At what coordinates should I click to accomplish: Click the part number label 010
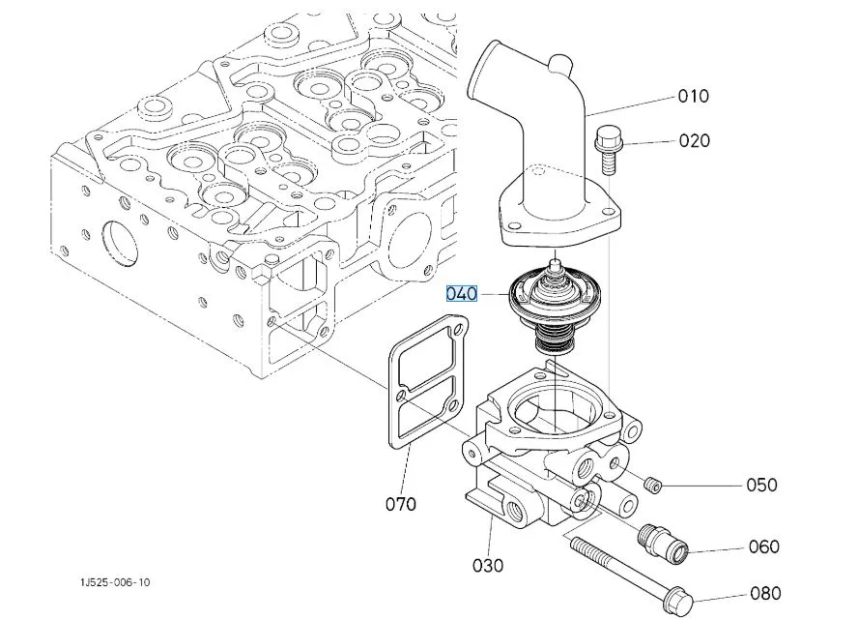(x=693, y=96)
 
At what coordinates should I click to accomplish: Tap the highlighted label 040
(x=462, y=293)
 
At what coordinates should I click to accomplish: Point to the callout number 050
(x=760, y=485)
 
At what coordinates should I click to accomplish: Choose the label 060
(x=763, y=546)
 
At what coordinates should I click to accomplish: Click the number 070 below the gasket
(x=401, y=503)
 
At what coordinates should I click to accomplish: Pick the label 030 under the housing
(x=488, y=565)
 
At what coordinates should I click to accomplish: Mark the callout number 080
(x=764, y=593)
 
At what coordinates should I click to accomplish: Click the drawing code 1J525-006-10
(x=116, y=582)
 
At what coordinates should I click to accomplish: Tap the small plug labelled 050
(x=652, y=483)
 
